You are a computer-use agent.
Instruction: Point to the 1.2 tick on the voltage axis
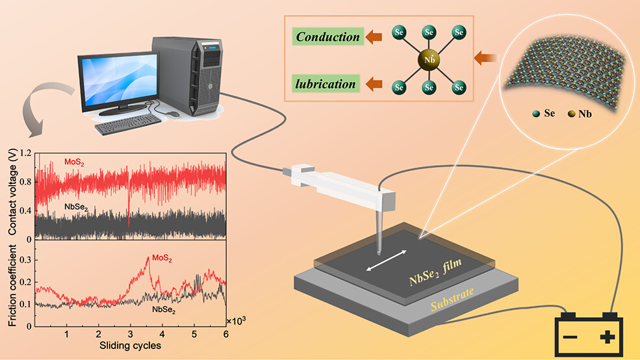pos(25,154)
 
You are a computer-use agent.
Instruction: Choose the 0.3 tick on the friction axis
pos(24,259)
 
